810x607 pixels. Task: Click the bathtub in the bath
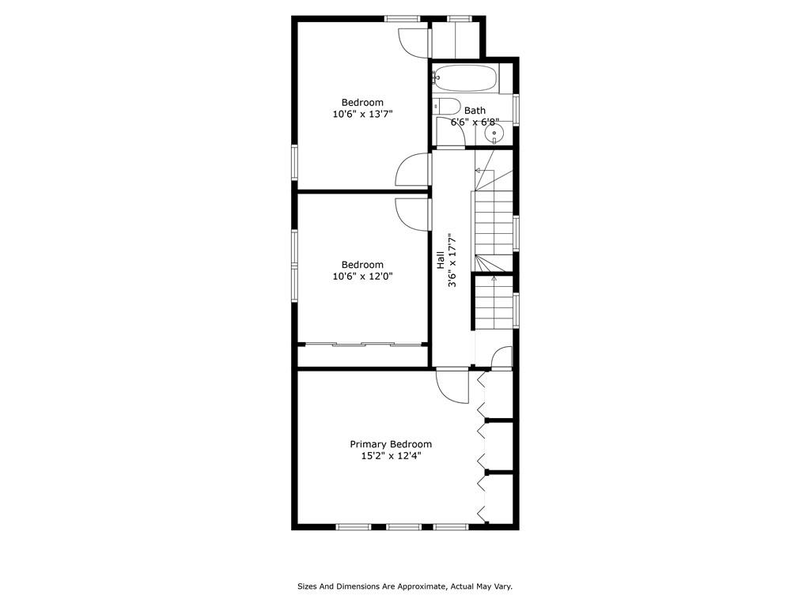point(465,78)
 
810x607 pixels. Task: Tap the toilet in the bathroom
point(446,107)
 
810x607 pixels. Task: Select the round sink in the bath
point(494,134)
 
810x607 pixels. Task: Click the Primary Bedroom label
point(391,444)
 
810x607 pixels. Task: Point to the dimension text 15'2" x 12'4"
point(391,456)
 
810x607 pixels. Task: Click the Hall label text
point(441,260)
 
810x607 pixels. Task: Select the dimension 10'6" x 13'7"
point(362,114)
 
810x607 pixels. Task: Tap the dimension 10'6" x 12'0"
point(362,277)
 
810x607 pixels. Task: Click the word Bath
point(475,111)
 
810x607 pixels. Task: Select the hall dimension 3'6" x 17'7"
point(452,260)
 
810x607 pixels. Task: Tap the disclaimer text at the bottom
point(404,586)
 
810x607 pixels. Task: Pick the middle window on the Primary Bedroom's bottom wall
point(404,527)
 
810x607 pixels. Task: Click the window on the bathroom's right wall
point(516,110)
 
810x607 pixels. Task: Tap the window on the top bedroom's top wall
point(402,19)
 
